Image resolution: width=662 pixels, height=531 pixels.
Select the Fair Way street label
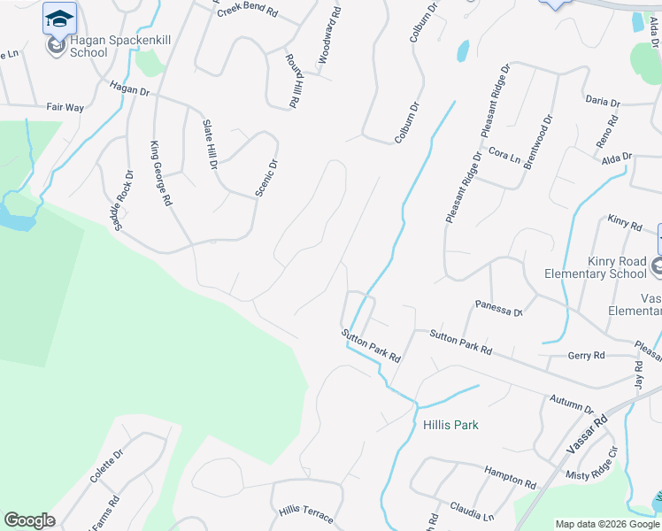point(65,107)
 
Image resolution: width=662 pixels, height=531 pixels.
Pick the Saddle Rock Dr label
point(122,201)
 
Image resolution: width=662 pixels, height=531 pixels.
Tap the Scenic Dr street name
point(266,177)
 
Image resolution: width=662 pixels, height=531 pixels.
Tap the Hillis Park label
point(450,425)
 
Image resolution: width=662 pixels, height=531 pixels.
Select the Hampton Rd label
point(510,479)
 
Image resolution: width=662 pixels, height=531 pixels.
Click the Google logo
point(29,520)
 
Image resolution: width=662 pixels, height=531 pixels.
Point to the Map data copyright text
point(606,524)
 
